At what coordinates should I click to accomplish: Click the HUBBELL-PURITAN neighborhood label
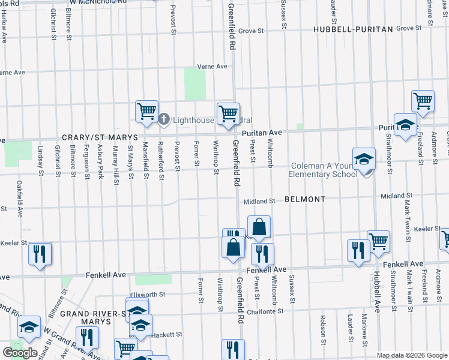(352, 29)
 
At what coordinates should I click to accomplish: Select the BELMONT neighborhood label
(304, 199)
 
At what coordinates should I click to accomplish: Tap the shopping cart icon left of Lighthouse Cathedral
(146, 112)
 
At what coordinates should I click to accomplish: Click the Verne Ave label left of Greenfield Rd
(213, 67)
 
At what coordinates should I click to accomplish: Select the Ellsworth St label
(147, 295)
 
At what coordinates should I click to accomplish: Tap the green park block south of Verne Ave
(194, 84)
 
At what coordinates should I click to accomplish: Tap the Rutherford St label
(161, 160)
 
